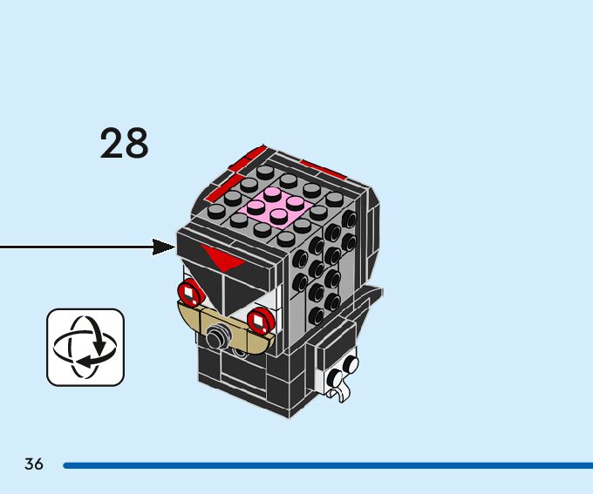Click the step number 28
point(124,143)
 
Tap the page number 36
point(34,464)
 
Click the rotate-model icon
point(85,347)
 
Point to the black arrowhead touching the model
point(165,247)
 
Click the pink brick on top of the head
point(277,206)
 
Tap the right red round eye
point(259,321)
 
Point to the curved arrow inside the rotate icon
point(90,357)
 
